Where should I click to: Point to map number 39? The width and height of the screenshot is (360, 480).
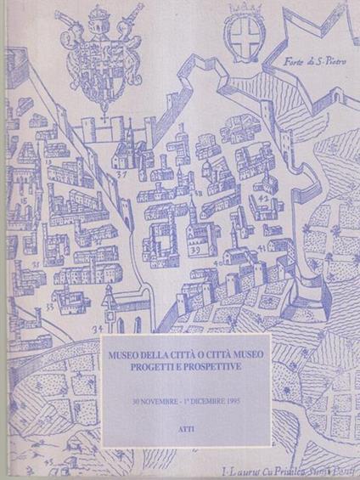point(194,251)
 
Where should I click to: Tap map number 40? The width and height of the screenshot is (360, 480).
point(220,263)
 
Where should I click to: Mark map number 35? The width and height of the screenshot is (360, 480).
point(37,264)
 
